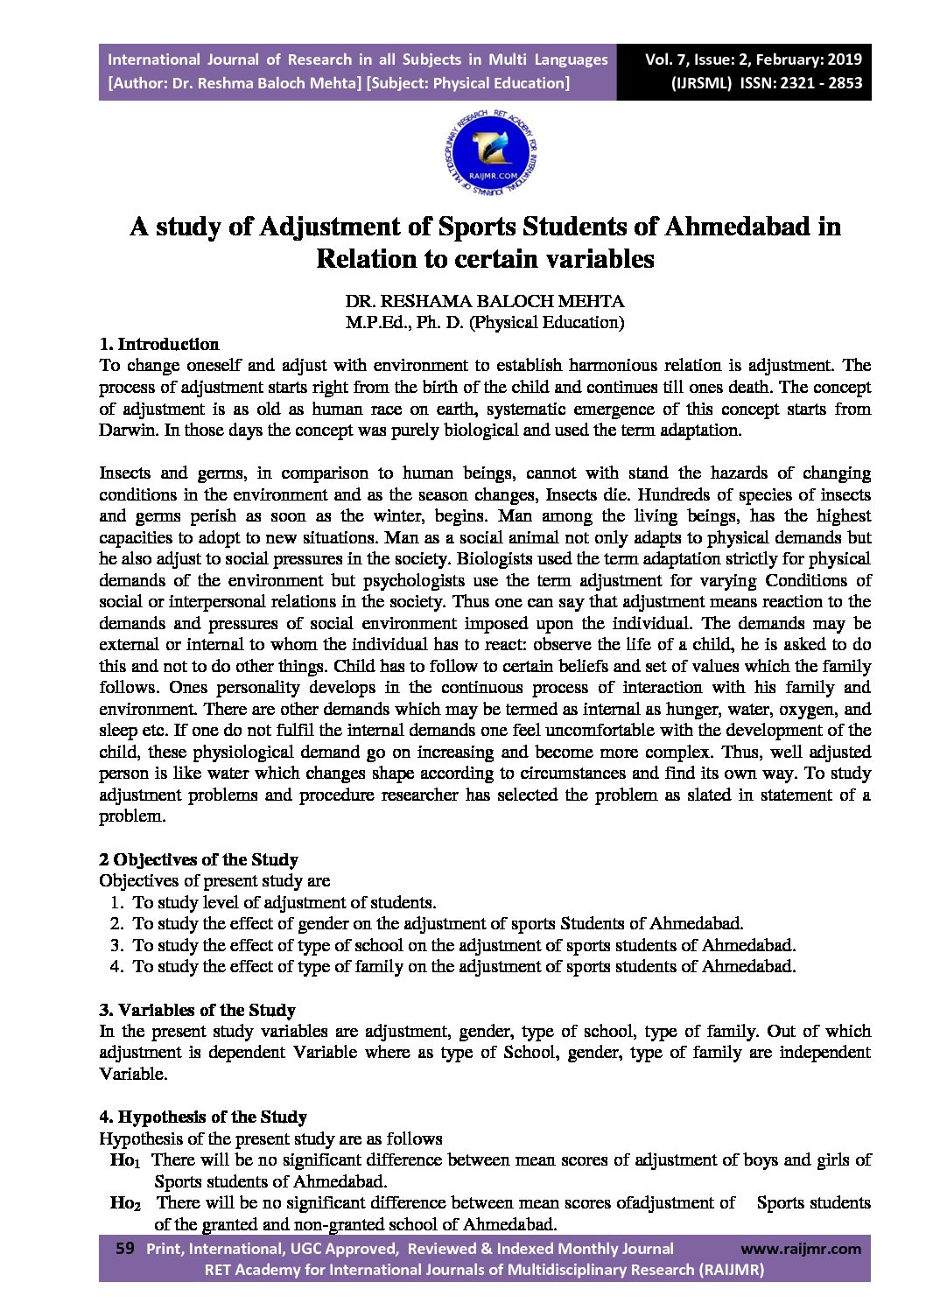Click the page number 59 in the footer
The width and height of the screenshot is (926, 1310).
tap(124, 1249)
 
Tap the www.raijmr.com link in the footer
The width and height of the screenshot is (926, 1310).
tap(800, 1249)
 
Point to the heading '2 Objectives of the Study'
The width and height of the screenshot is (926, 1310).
tap(198, 859)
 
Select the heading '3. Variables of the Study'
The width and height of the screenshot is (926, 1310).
tap(197, 1010)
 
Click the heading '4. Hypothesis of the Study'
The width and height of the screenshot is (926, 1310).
tap(202, 1117)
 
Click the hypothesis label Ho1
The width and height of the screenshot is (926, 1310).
tap(124, 1160)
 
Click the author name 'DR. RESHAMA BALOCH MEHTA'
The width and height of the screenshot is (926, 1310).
tap(484, 301)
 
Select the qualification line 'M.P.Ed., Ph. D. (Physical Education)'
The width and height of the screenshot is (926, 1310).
tap(484, 322)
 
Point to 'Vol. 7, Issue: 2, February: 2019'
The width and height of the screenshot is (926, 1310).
tap(753, 60)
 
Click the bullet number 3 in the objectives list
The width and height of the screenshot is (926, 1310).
tap(116, 945)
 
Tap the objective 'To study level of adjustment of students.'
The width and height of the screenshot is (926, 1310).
tap(284, 902)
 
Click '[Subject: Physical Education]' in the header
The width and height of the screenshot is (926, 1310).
tap(468, 83)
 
